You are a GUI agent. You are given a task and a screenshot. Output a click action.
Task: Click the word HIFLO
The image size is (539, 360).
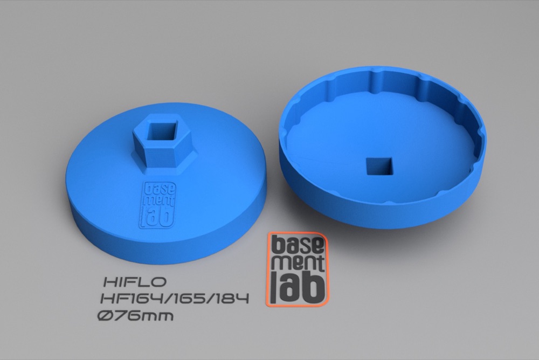pyautogui.click(x=135, y=282)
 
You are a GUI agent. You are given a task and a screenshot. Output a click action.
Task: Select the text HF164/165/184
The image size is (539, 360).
pyautogui.click(x=175, y=299)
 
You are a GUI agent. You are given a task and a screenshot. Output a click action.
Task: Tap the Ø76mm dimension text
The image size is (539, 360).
pyautogui.click(x=135, y=315)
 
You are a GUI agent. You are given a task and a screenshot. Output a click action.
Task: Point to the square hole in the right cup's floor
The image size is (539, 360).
pyautogui.click(x=379, y=167)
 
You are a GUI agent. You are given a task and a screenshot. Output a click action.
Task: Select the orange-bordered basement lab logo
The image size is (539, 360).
pyautogui.click(x=297, y=269)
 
